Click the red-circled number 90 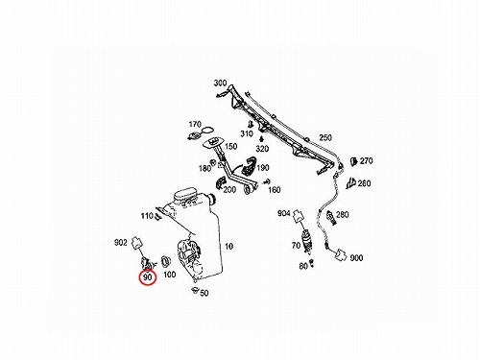point(147,276)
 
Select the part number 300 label point(220,84)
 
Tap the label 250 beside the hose point(325,137)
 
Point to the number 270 point(367,160)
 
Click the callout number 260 point(364,183)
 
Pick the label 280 point(342,214)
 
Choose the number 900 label point(356,258)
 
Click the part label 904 point(284,213)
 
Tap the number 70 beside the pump point(296,246)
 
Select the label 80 point(303,266)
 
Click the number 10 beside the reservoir point(228,247)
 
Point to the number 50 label point(204,293)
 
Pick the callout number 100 point(169,275)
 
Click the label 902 point(121,243)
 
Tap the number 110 point(147,216)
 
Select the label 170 point(195,124)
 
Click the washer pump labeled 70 point(306,241)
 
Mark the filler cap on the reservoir point(184,195)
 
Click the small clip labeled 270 point(353,161)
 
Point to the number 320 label point(262,149)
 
